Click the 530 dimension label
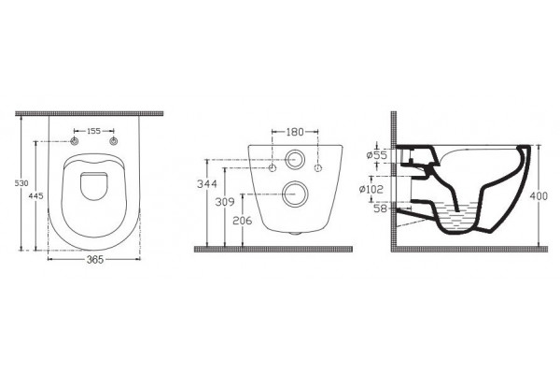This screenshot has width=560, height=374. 21,183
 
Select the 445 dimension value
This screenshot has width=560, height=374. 36,195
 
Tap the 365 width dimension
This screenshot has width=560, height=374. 95,260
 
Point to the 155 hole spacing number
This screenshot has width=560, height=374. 94,131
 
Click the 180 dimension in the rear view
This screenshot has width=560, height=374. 295,132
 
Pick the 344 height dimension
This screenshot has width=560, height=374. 207,184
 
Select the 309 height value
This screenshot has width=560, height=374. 225,202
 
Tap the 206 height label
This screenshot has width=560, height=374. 242,221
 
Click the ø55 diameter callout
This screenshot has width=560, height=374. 377,155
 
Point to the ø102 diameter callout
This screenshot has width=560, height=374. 371,189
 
